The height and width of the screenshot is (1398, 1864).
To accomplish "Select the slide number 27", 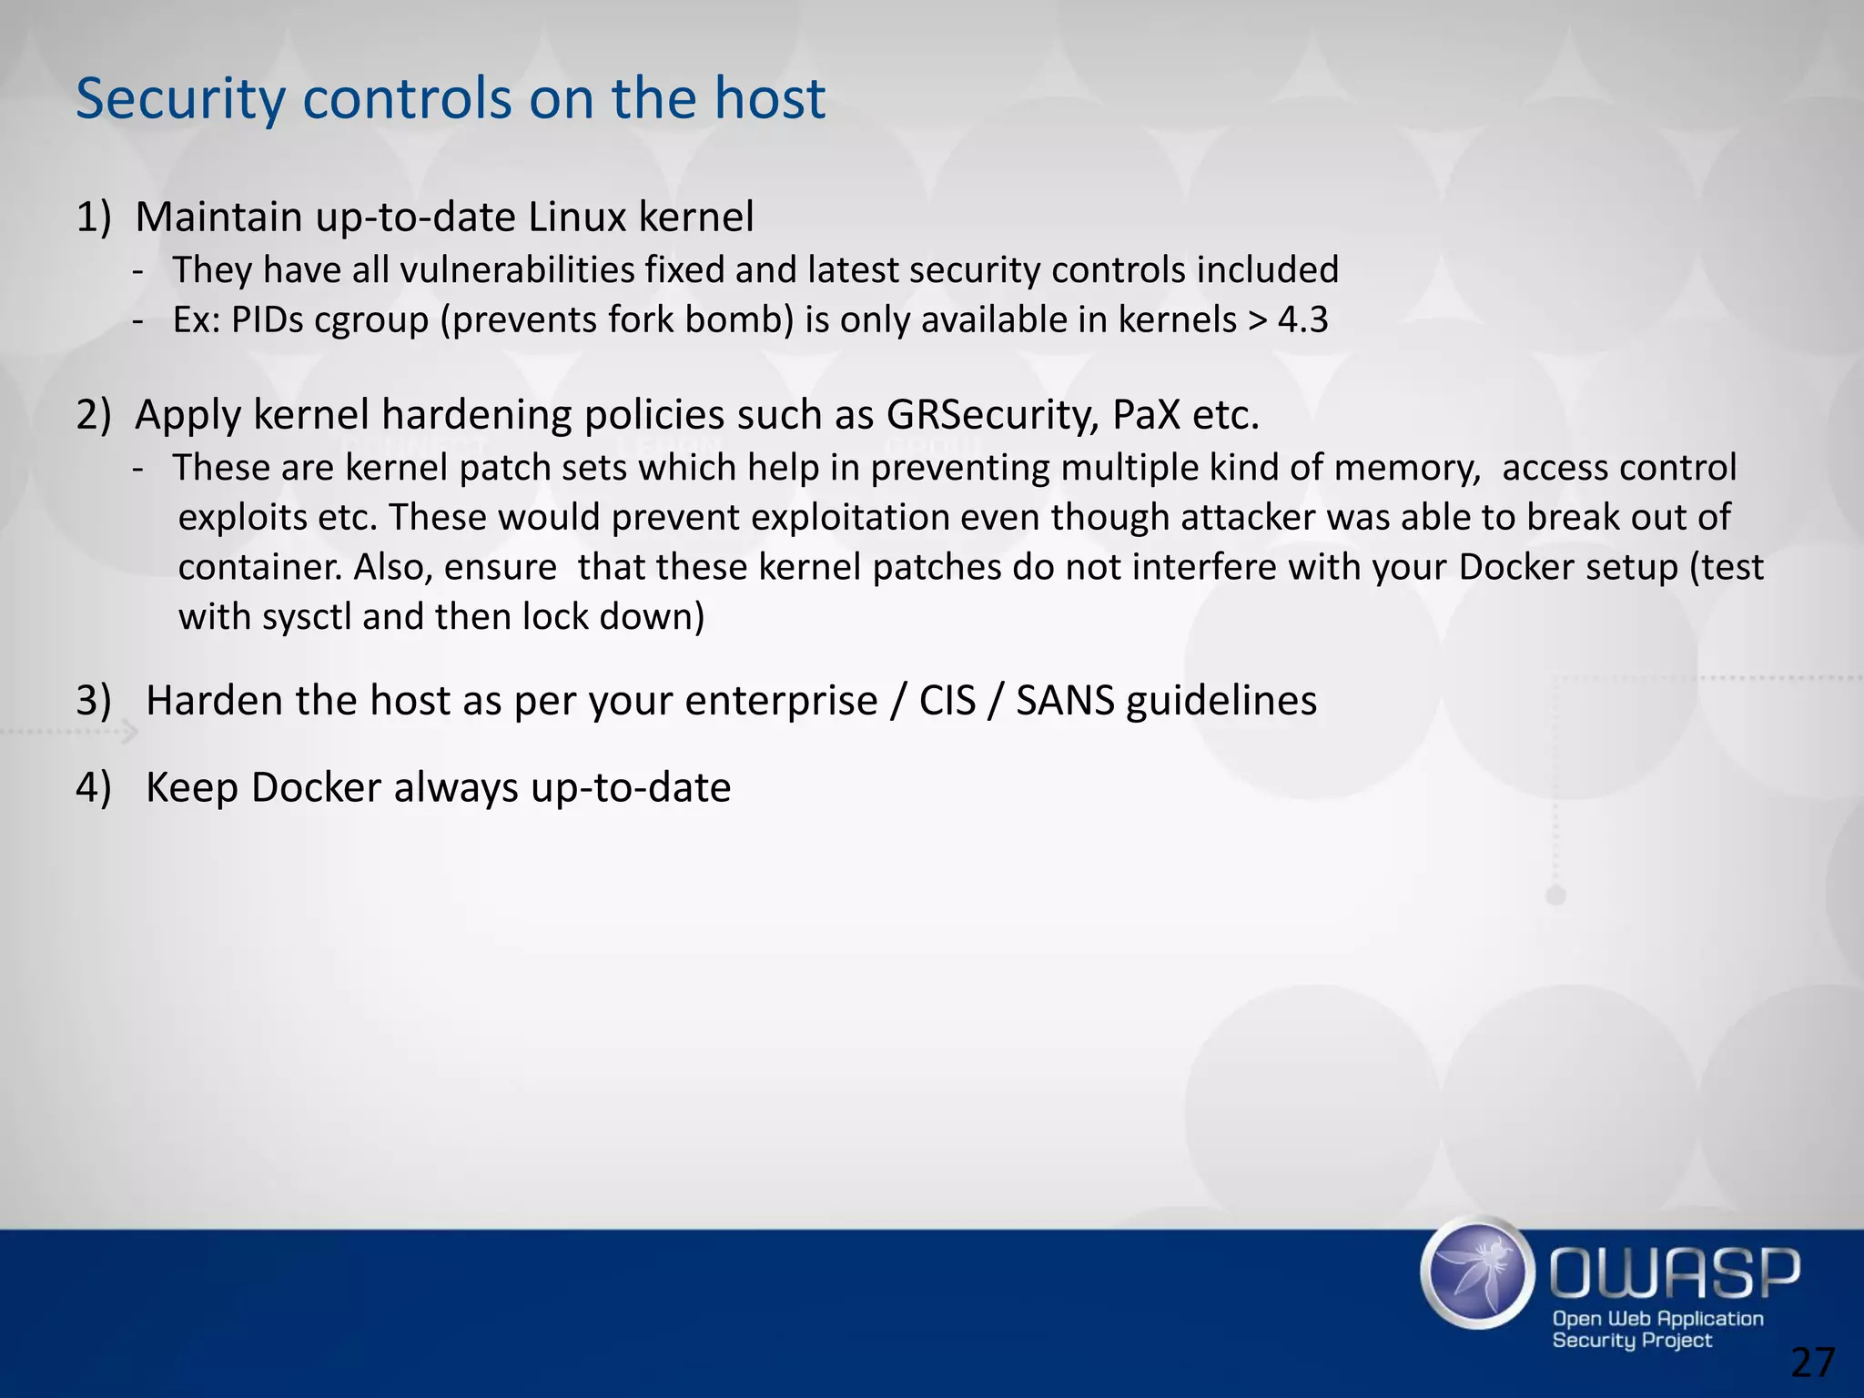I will (x=1813, y=1363).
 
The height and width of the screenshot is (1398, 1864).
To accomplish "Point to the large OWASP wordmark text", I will (x=1674, y=1273).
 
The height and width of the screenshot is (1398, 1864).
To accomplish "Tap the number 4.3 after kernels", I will (x=1303, y=320).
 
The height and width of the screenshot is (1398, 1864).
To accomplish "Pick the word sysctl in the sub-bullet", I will (x=306, y=618).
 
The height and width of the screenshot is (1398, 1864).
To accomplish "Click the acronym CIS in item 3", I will (x=947, y=702).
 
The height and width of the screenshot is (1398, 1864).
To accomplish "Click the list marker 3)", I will (x=94, y=702).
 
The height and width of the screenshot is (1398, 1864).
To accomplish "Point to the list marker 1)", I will (x=94, y=218).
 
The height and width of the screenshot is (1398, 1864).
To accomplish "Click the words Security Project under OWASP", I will (x=1631, y=1341).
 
